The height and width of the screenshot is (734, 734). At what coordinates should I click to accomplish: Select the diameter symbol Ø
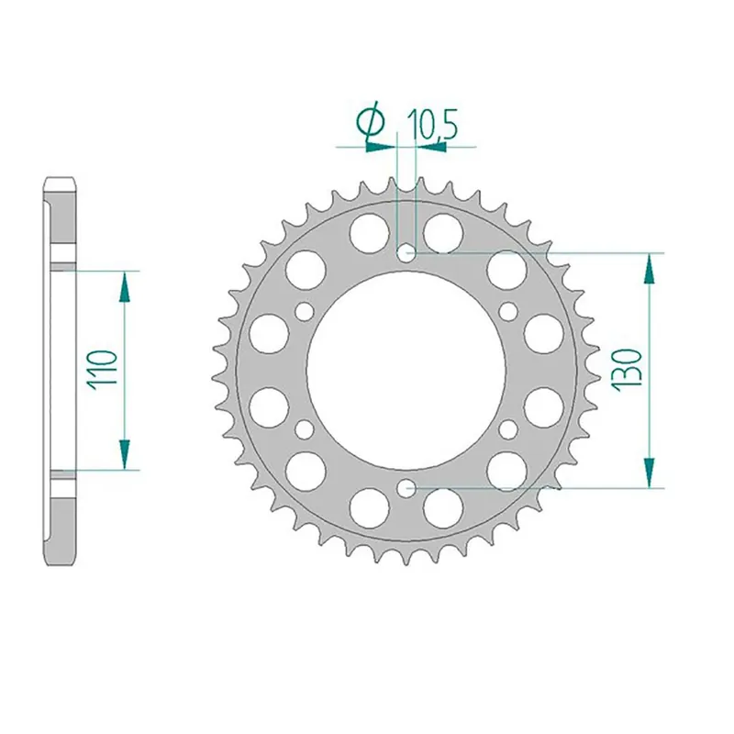[x=373, y=125]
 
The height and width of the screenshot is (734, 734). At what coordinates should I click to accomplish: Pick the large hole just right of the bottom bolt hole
[x=443, y=507]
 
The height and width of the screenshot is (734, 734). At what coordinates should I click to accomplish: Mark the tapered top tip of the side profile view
[x=61, y=181]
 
